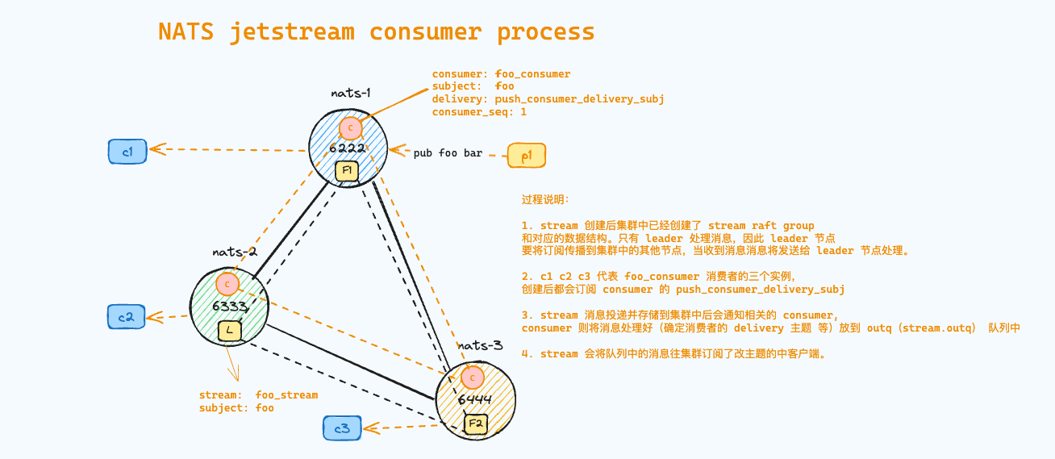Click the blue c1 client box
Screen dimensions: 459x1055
[127, 151]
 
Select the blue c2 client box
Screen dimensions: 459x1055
[126, 317]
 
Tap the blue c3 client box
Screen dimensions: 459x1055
[342, 428]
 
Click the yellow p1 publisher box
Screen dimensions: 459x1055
[526, 155]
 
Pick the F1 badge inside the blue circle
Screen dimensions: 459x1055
[348, 171]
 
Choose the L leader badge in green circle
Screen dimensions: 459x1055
[230, 330]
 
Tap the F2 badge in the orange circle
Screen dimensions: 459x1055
[475, 423]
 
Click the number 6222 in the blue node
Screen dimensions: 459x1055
[347, 148]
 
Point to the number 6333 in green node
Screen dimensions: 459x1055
[229, 307]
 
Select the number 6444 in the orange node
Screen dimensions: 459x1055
[473, 399]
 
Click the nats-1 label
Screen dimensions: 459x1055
[351, 93]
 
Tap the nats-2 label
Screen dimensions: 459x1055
[235, 252]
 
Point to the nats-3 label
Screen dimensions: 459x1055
[481, 345]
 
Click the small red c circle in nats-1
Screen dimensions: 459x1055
[350, 127]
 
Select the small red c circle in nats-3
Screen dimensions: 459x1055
[473, 377]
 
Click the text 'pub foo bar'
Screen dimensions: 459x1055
[448, 152]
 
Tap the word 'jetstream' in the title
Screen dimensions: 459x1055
[292, 32]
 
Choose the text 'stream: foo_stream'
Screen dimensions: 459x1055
[258, 395]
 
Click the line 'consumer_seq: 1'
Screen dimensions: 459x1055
[479, 112]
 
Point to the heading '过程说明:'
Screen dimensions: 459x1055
[545, 199]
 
